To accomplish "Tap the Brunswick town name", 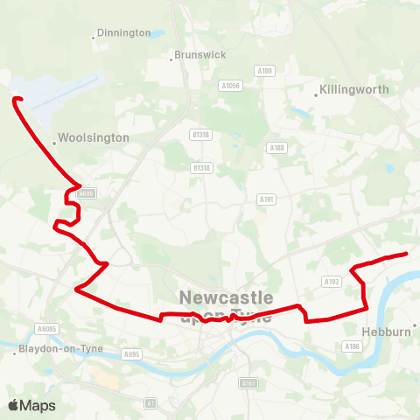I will pos(199,54).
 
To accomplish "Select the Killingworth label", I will pos(354,89).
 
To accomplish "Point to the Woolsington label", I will pos(95,138).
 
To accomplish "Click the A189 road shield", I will pos(265,71).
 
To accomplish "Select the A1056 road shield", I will pos(230,86).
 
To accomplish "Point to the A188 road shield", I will pos(277,148).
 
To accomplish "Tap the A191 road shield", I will pos(267,199).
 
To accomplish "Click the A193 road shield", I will pos(331,282).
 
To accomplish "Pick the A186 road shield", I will pos(352,346).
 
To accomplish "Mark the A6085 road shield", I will pos(46,329).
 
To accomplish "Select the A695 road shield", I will pos(132,354).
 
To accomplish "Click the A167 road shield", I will pos(249,382).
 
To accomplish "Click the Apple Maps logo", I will pos(31,405).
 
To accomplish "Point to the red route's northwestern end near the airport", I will pos(14,100).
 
